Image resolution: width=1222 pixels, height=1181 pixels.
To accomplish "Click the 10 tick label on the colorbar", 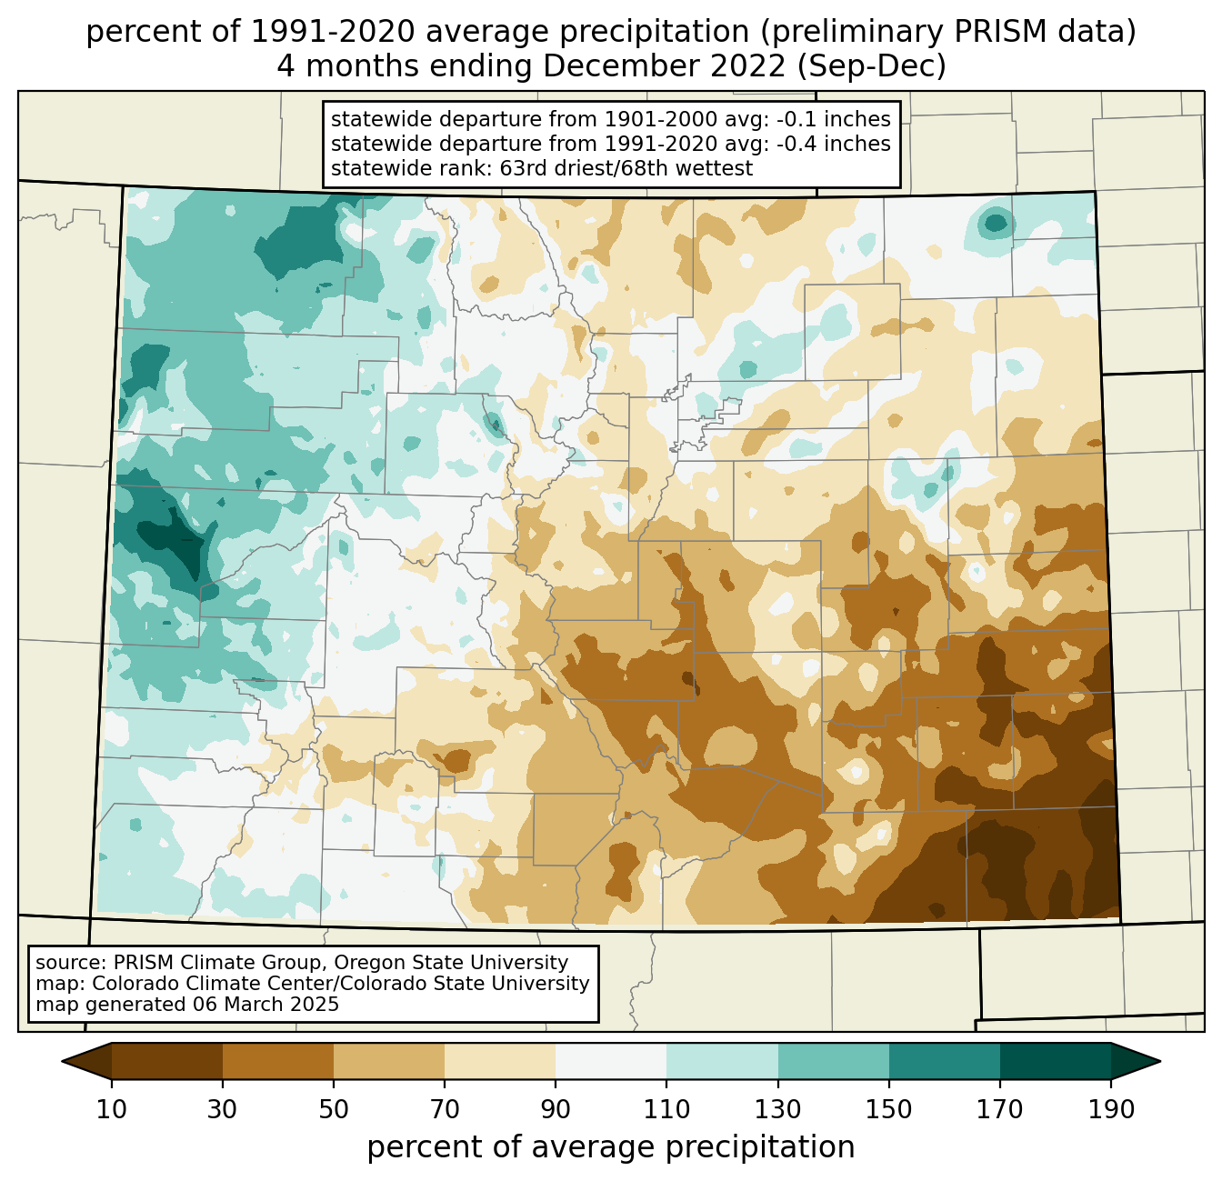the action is [111, 1109].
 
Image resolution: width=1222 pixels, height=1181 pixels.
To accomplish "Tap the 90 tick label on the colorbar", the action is [556, 1109].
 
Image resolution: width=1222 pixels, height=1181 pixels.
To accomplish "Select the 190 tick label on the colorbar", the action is [1111, 1109].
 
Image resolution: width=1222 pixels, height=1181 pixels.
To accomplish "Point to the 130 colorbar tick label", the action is [777, 1109].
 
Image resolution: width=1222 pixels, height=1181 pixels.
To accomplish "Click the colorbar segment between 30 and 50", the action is [277, 1061].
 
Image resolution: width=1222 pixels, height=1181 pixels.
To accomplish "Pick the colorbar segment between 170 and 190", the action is [1055, 1061].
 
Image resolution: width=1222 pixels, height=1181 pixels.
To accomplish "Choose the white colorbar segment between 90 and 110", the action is [611, 1061].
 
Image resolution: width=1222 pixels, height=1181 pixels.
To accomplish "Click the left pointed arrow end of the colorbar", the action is [86, 1061].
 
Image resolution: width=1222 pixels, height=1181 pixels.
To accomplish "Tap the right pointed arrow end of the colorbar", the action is [1136, 1061].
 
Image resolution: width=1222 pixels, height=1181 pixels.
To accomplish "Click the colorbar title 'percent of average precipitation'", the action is [610, 1146].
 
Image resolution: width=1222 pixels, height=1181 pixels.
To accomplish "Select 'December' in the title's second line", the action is [664, 66].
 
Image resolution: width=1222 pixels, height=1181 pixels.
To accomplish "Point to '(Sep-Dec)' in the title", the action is [872, 66].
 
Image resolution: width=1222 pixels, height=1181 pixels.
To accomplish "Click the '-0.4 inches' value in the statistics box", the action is [833, 144].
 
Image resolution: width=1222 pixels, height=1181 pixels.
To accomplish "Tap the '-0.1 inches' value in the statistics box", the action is [833, 119].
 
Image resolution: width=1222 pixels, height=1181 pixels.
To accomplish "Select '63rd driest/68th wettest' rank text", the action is [626, 168].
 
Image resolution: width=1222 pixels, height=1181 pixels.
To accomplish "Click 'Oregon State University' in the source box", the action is [451, 963].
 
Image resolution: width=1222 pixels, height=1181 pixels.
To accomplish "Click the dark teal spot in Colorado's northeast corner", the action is [995, 222].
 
